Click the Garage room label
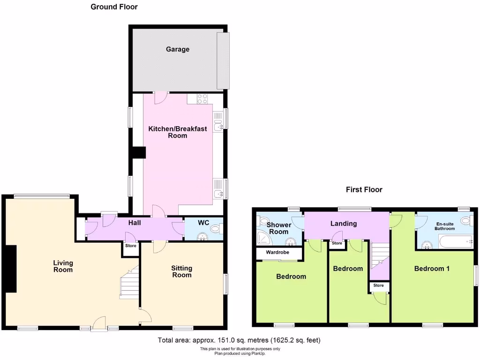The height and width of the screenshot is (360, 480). point(177,49)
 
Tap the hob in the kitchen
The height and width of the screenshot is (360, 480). point(202,98)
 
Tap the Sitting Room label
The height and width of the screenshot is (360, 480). point(181,271)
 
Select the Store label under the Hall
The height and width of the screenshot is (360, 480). point(131,246)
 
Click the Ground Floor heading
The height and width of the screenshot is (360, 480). point(114,7)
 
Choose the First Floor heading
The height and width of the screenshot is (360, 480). point(364,190)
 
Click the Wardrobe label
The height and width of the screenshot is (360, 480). point(278,253)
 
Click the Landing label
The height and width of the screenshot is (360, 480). point(344,224)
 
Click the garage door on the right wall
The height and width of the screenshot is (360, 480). point(224,60)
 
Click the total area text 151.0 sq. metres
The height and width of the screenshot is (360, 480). point(239,340)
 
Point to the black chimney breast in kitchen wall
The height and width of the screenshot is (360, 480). point(139,153)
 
